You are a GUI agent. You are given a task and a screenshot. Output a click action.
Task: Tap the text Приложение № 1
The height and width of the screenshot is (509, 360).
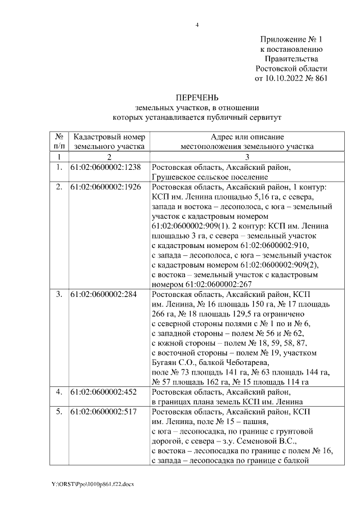290,40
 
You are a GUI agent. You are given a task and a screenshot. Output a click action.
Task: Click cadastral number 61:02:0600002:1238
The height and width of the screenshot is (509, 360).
105,168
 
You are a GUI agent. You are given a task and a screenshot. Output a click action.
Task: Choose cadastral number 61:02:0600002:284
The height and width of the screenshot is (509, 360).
103,295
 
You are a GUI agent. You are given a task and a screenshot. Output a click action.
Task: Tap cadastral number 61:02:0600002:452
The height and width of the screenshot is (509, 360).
103,391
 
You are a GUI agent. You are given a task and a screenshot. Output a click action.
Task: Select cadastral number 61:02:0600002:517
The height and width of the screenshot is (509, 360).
103,412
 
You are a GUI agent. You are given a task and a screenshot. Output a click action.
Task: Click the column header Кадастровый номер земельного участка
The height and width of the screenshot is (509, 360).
109,141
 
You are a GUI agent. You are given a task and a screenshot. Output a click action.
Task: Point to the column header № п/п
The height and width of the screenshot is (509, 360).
59,141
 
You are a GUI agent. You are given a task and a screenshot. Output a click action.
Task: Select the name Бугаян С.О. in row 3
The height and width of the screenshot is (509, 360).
174,362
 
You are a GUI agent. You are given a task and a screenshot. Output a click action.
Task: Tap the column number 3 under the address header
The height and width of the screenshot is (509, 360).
247,156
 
